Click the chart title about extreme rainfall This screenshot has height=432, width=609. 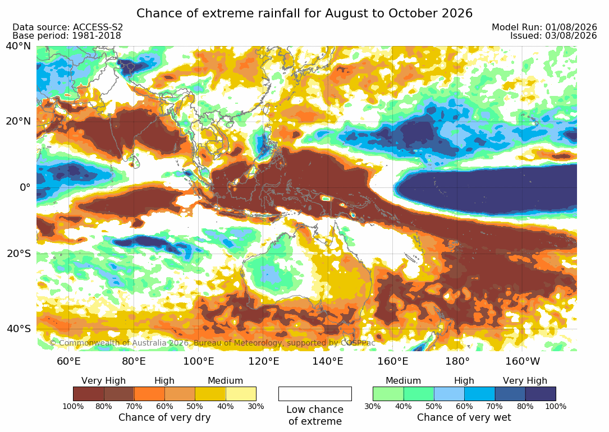(304, 13)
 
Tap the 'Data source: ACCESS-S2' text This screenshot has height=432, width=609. (67, 27)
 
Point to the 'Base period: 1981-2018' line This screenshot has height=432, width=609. (67, 36)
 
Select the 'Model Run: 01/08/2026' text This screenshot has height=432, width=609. (544, 27)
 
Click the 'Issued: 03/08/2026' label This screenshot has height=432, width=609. (553, 36)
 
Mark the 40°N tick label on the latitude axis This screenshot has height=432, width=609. (18, 46)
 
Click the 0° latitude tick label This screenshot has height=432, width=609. (25, 187)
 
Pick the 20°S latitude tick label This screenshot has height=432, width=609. (19, 254)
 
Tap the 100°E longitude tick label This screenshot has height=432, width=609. (199, 361)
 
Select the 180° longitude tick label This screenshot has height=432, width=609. (457, 361)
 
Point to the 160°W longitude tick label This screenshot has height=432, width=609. (523, 361)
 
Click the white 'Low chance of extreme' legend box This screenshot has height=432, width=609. (315, 394)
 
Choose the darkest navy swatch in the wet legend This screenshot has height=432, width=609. (541, 394)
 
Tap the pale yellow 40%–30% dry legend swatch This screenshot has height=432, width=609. (241, 394)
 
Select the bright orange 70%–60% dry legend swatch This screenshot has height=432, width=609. (149, 394)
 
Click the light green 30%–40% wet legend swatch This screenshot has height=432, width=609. (388, 394)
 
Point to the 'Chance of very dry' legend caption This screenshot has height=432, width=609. (164, 417)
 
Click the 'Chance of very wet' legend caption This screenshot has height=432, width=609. (464, 417)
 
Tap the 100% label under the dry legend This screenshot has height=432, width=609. (73, 406)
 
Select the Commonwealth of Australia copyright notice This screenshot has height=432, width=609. (212, 343)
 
